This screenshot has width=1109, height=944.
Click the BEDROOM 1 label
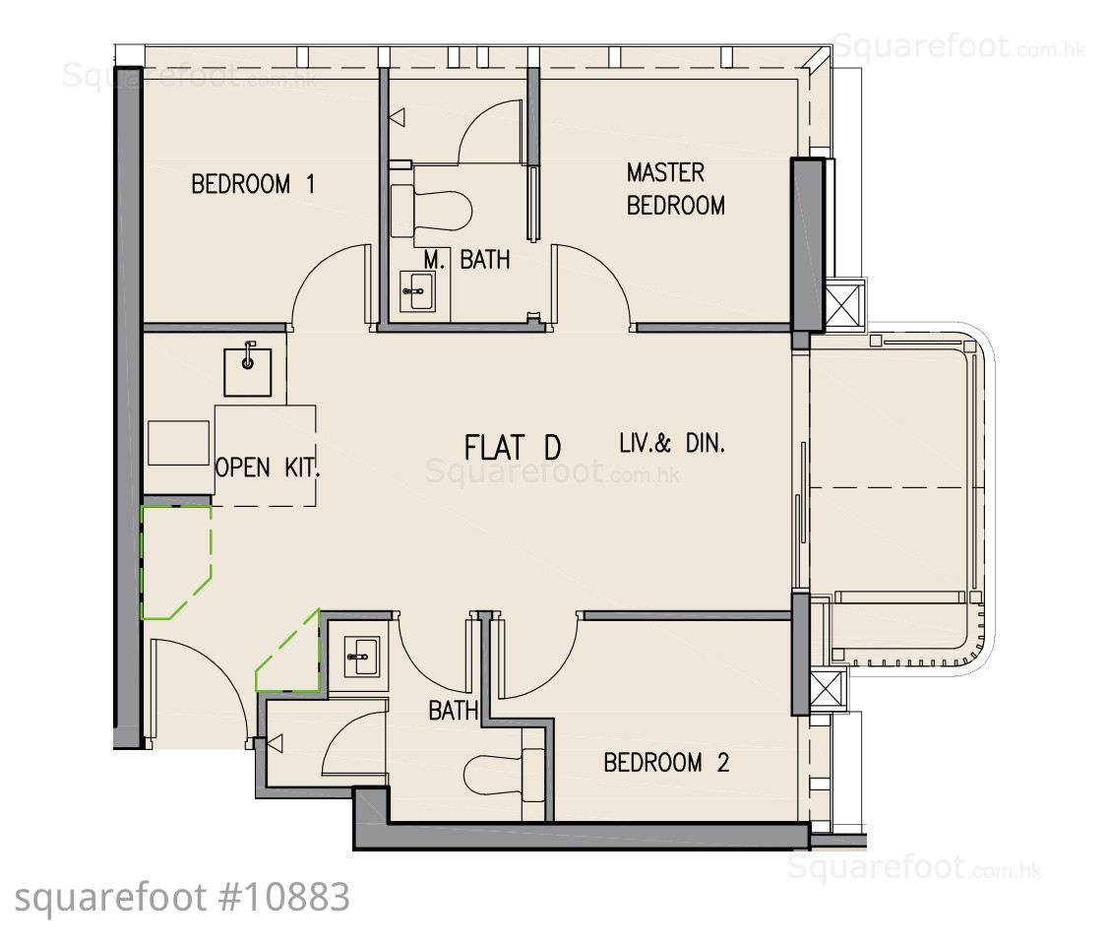[x=253, y=184]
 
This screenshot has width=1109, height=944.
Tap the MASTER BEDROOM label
[x=675, y=189]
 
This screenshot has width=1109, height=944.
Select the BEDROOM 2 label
[x=666, y=762]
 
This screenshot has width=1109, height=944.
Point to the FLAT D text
[x=513, y=447]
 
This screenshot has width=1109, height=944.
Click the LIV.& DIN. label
[x=672, y=443]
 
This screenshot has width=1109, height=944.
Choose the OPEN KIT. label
[x=268, y=468]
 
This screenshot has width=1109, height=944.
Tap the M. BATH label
[x=466, y=260]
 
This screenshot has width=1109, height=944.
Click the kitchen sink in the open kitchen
[x=248, y=371]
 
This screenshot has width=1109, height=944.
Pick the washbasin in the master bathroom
[x=417, y=291]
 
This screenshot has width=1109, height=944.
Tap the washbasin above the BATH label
[x=361, y=656]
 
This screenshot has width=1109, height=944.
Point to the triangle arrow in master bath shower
[x=398, y=117]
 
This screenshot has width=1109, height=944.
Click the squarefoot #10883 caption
[x=182, y=898]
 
